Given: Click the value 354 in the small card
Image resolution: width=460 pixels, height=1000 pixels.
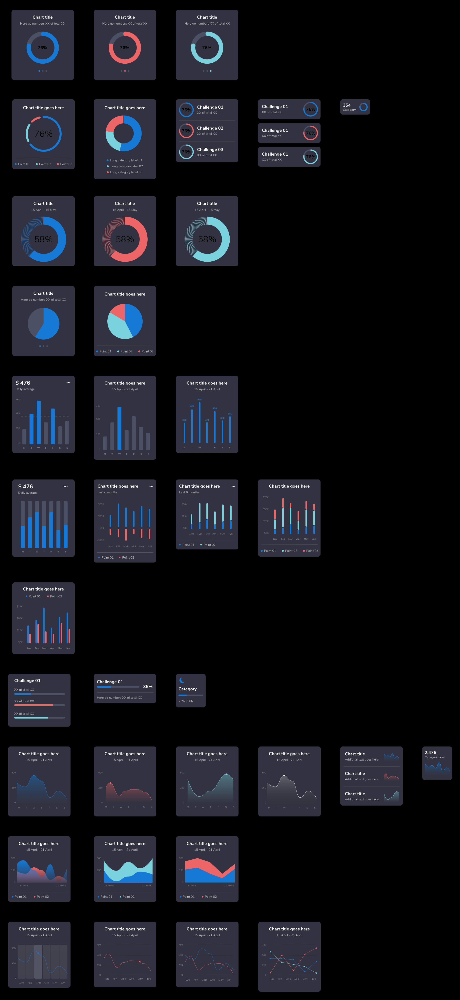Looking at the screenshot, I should pyautogui.click(x=347, y=105).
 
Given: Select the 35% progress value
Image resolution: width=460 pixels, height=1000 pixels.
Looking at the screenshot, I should pyautogui.click(x=148, y=686).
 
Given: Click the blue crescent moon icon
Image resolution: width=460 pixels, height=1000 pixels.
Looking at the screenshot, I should pyautogui.click(x=181, y=680).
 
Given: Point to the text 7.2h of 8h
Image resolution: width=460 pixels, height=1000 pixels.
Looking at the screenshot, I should pyautogui.click(x=185, y=701).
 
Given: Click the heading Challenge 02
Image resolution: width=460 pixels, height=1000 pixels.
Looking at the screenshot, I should pyautogui.click(x=210, y=128).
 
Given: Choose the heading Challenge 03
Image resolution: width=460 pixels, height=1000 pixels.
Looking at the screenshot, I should pyautogui.click(x=210, y=149).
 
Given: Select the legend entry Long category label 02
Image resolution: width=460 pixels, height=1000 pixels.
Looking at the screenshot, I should pyautogui.click(x=126, y=166).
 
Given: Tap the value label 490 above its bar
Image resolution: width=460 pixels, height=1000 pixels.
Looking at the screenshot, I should pyautogui.click(x=215, y=408).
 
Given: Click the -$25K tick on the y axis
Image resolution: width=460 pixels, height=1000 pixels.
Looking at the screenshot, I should pyautogui.click(x=101, y=540).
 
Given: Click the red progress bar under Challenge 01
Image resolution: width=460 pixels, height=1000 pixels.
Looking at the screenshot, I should pyautogui.click(x=33, y=705).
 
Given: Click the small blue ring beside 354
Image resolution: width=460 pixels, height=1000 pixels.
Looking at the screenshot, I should pyautogui.click(x=363, y=107).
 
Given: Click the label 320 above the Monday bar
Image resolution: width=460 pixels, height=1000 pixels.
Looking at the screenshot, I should pyautogui.click(x=184, y=420).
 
